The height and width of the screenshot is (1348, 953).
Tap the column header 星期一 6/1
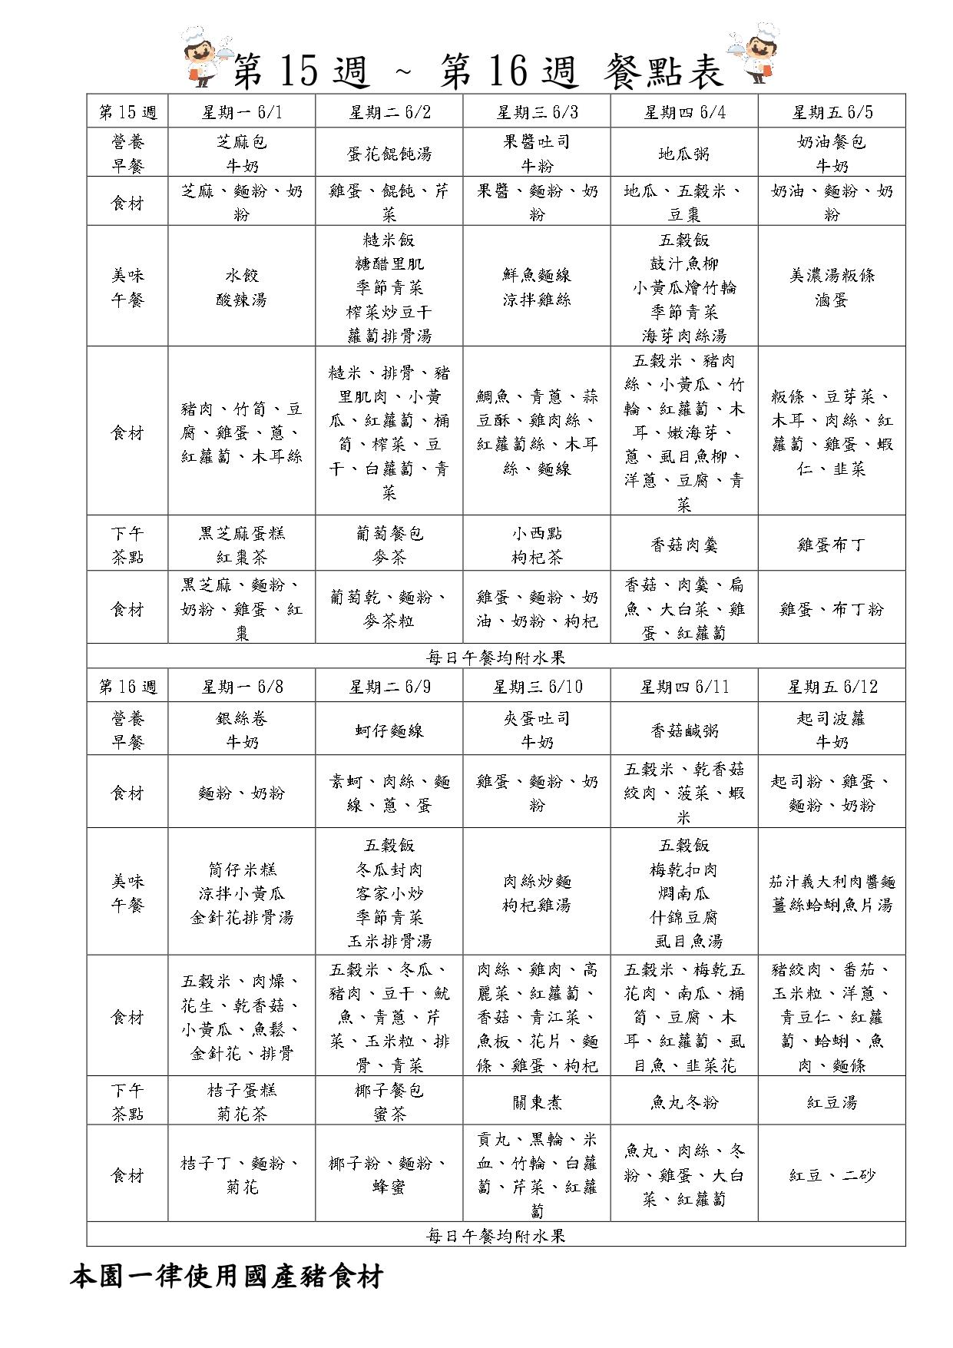(242, 112)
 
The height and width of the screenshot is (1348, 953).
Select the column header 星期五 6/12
(832, 687)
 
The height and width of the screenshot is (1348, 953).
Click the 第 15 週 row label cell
(127, 112)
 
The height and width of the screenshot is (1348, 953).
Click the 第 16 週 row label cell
(127, 687)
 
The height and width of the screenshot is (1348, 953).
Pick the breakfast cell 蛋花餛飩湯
(389, 154)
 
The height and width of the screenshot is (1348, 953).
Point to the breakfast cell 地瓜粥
(683, 154)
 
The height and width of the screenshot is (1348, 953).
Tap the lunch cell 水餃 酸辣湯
(242, 287)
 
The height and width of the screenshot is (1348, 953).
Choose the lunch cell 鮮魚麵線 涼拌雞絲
(537, 287)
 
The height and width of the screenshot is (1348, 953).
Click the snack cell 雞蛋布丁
(832, 545)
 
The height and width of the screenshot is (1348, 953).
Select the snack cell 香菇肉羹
(683, 545)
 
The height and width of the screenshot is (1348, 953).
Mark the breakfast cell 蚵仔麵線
(389, 730)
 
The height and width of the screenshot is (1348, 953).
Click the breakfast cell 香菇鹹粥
(683, 730)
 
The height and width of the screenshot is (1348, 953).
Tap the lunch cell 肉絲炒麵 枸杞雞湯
(537, 893)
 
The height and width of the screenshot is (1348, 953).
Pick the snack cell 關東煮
(537, 1102)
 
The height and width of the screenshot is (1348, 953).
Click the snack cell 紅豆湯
(832, 1102)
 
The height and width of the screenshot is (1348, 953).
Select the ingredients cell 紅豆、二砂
(832, 1175)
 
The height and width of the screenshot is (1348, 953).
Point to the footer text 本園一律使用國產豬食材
(227, 1277)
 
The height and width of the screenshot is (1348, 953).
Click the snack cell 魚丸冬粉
(683, 1102)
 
